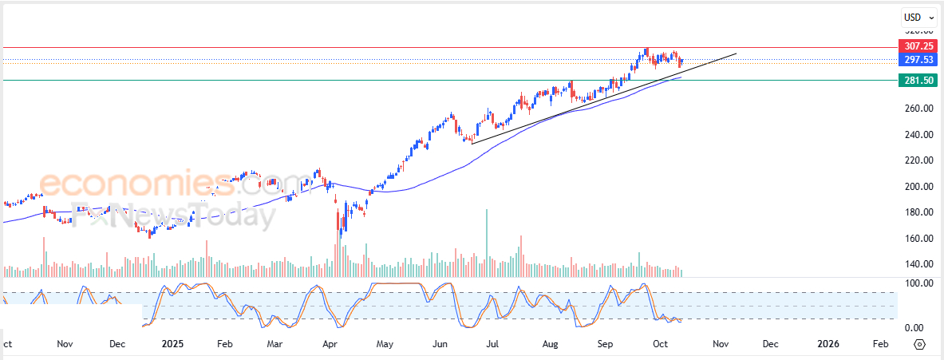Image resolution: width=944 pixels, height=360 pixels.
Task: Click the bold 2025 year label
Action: (172, 344)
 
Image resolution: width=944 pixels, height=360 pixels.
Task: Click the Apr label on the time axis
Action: (329, 344)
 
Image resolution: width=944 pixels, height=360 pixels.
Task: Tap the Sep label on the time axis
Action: (606, 344)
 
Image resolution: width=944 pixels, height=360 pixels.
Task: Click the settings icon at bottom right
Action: (919, 344)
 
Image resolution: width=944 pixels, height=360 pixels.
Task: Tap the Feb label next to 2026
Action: (879, 344)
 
